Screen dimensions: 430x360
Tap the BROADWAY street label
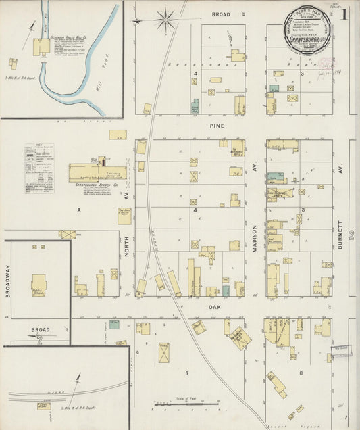pyautogui.click(x=8, y=278)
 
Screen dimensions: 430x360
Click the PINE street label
pyautogui.click(x=217, y=126)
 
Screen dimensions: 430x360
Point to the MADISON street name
pyautogui.click(x=255, y=239)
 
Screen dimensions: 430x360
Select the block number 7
pyautogui.click(x=187, y=373)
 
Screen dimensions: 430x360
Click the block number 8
pyautogui.click(x=301, y=373)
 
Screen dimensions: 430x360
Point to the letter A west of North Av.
pyautogui.click(x=78, y=211)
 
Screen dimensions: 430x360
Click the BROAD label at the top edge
pyautogui.click(x=220, y=14)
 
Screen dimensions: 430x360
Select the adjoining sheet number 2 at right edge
pyautogui.click(x=352, y=235)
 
